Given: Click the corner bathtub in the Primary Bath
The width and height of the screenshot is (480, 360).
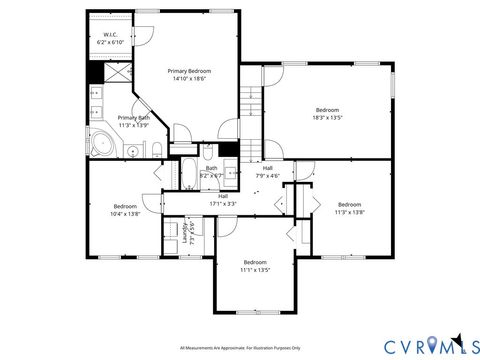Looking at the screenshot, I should click(103, 144).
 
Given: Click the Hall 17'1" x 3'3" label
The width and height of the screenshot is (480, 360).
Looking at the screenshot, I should click(223, 199).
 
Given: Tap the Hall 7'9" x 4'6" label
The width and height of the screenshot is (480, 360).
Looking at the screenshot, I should click(268, 171).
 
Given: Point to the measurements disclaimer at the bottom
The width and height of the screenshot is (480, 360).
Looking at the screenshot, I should click(241, 347).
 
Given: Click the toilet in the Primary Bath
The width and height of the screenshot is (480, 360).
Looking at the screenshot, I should click(158, 149).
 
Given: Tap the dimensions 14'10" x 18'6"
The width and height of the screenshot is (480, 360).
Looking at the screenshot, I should click(188, 79).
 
